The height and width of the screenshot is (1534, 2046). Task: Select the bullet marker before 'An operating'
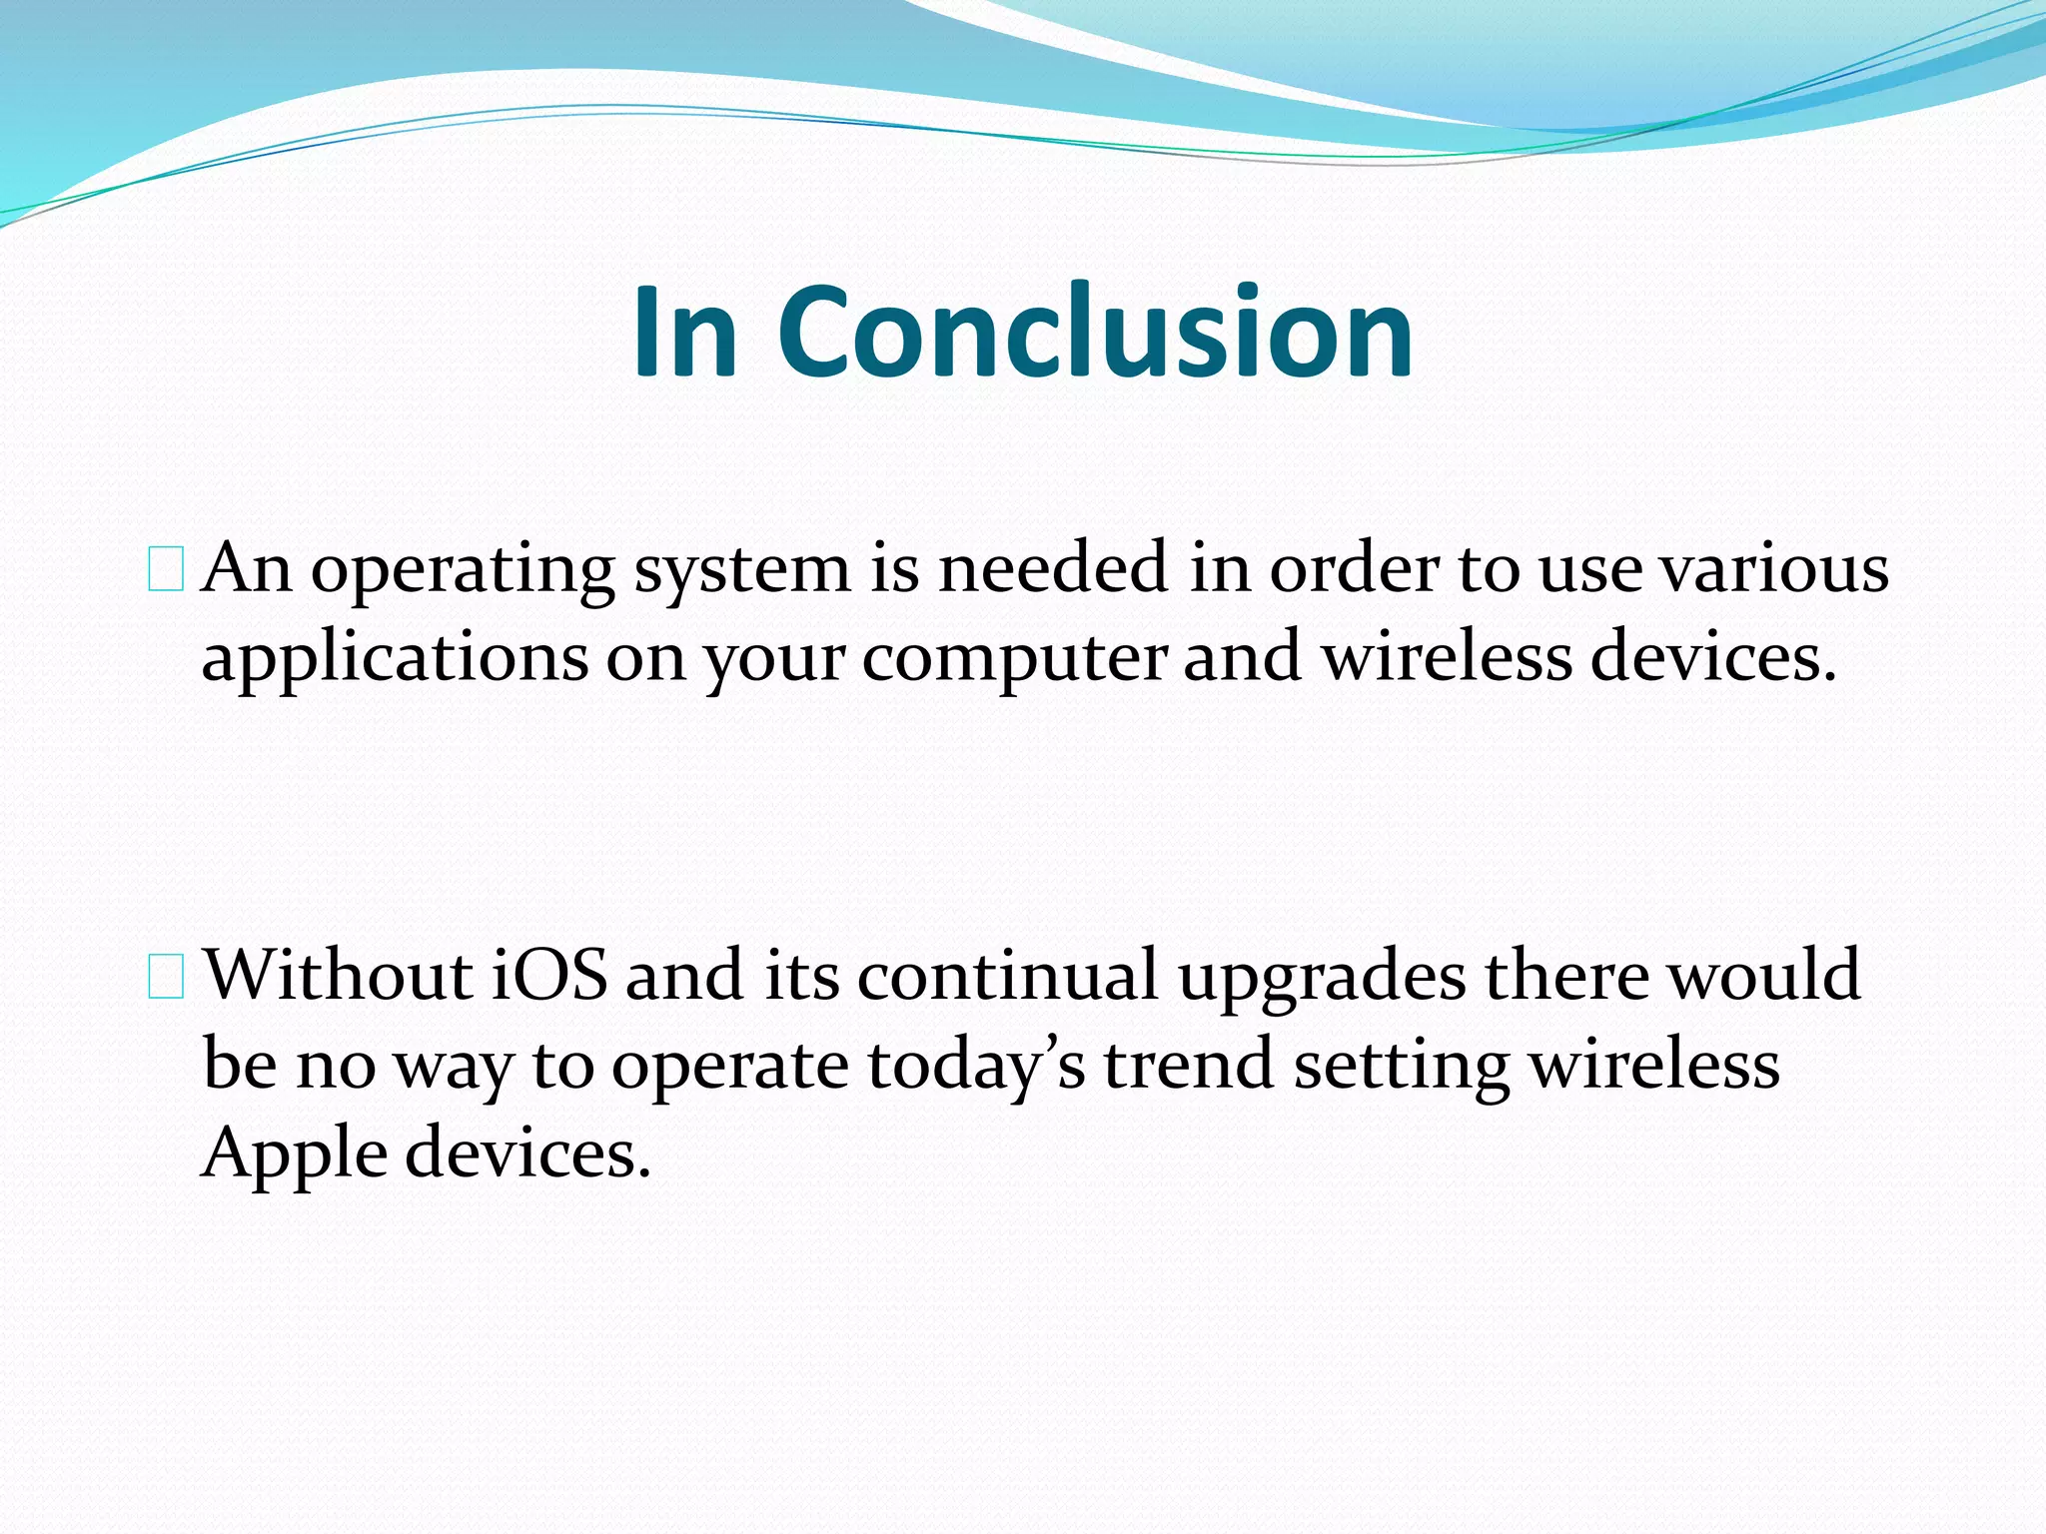[165, 570]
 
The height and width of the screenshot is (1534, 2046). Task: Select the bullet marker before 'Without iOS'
[165, 977]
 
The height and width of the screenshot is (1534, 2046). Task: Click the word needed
[1053, 568]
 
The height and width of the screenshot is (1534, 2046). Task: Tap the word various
[1774, 568]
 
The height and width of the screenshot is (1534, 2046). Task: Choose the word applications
[396, 660]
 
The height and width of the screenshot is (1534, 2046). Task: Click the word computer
[1014, 660]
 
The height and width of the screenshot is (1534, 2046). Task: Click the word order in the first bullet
[1355, 568]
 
